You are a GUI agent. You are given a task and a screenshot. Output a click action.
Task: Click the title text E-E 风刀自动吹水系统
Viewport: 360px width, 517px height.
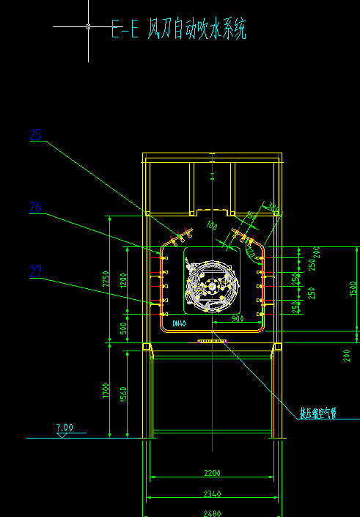coord(178,30)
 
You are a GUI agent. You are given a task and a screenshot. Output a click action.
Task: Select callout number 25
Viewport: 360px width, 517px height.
coord(35,134)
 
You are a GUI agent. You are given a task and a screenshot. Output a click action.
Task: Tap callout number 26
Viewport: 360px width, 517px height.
coord(35,208)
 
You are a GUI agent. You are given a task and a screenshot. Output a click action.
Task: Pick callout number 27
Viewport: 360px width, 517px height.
coord(35,271)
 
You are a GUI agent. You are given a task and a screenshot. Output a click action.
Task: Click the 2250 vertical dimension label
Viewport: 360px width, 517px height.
coord(106,279)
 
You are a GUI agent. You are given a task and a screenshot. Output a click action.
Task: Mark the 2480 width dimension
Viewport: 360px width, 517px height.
coord(213,512)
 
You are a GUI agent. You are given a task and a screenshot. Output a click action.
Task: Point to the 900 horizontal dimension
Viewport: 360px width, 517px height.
coord(238,320)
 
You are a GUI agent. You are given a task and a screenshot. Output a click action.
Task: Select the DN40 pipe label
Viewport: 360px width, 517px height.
coord(180,323)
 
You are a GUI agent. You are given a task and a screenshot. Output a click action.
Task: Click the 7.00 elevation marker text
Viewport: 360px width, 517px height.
coord(65,427)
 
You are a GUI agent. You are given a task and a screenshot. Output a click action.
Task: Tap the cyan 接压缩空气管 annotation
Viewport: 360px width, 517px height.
coord(317,413)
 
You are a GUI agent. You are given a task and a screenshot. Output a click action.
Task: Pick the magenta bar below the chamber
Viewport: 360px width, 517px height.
coord(213,341)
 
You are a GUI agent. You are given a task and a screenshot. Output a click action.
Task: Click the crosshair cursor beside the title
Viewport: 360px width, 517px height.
coord(88,26)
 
